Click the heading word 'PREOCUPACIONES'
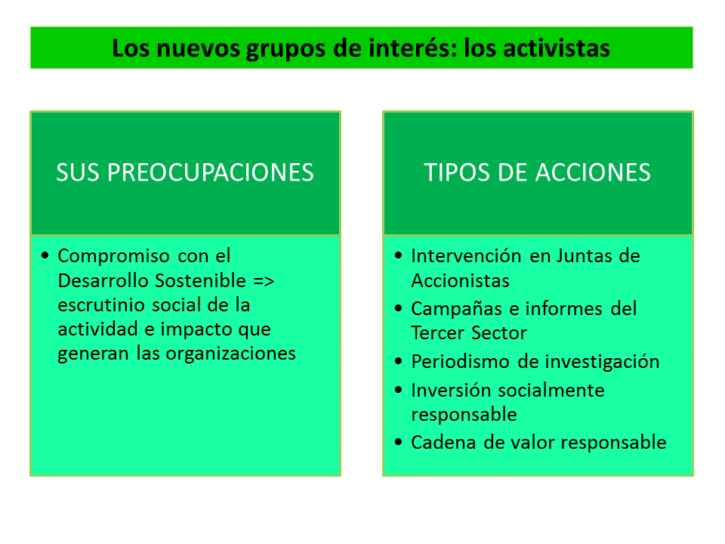click(211, 172)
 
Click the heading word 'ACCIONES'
click(594, 172)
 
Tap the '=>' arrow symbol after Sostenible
click(264, 281)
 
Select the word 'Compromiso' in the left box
click(114, 257)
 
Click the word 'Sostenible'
click(200, 280)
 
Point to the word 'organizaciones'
click(231, 354)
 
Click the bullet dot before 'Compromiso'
click(45, 255)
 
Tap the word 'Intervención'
click(467, 256)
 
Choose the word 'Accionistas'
click(461, 281)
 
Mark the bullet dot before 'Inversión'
click(399, 390)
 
